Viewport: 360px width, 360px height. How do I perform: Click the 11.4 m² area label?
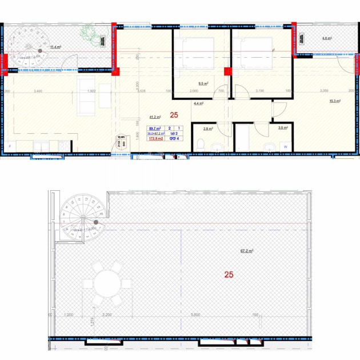pos(55,47)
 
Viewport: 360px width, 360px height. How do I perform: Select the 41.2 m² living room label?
pos(154,117)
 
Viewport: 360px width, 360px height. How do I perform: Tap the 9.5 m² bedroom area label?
pos(202,82)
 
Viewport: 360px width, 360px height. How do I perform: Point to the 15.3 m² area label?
pos(335,101)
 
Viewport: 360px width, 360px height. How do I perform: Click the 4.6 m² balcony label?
pos(326,39)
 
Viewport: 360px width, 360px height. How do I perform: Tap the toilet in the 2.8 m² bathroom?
pos(200,145)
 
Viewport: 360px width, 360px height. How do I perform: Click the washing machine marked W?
pos(285,146)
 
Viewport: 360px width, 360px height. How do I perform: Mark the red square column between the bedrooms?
pos(227,71)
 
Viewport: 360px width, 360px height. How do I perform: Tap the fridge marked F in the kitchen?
pos(10,146)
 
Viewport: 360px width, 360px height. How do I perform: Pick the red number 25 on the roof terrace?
pos(229,274)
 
